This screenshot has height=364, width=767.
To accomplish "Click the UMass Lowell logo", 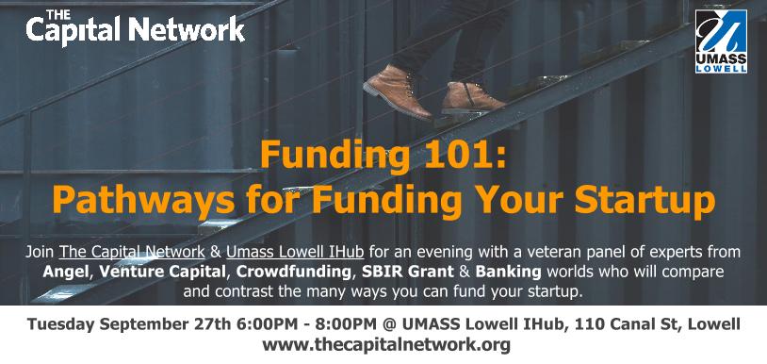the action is pos(721,41).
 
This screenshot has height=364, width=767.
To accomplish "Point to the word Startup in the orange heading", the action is pos(645,201).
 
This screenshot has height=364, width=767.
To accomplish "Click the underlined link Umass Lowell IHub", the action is pos(295,253).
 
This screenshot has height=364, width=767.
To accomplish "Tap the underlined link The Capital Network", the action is pos(132,253).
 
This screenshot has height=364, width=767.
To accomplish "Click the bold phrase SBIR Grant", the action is pos(409,272).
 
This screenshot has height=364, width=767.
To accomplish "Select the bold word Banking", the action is pos(508,272).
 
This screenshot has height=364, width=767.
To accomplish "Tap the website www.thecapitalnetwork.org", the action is pos(386,345).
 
